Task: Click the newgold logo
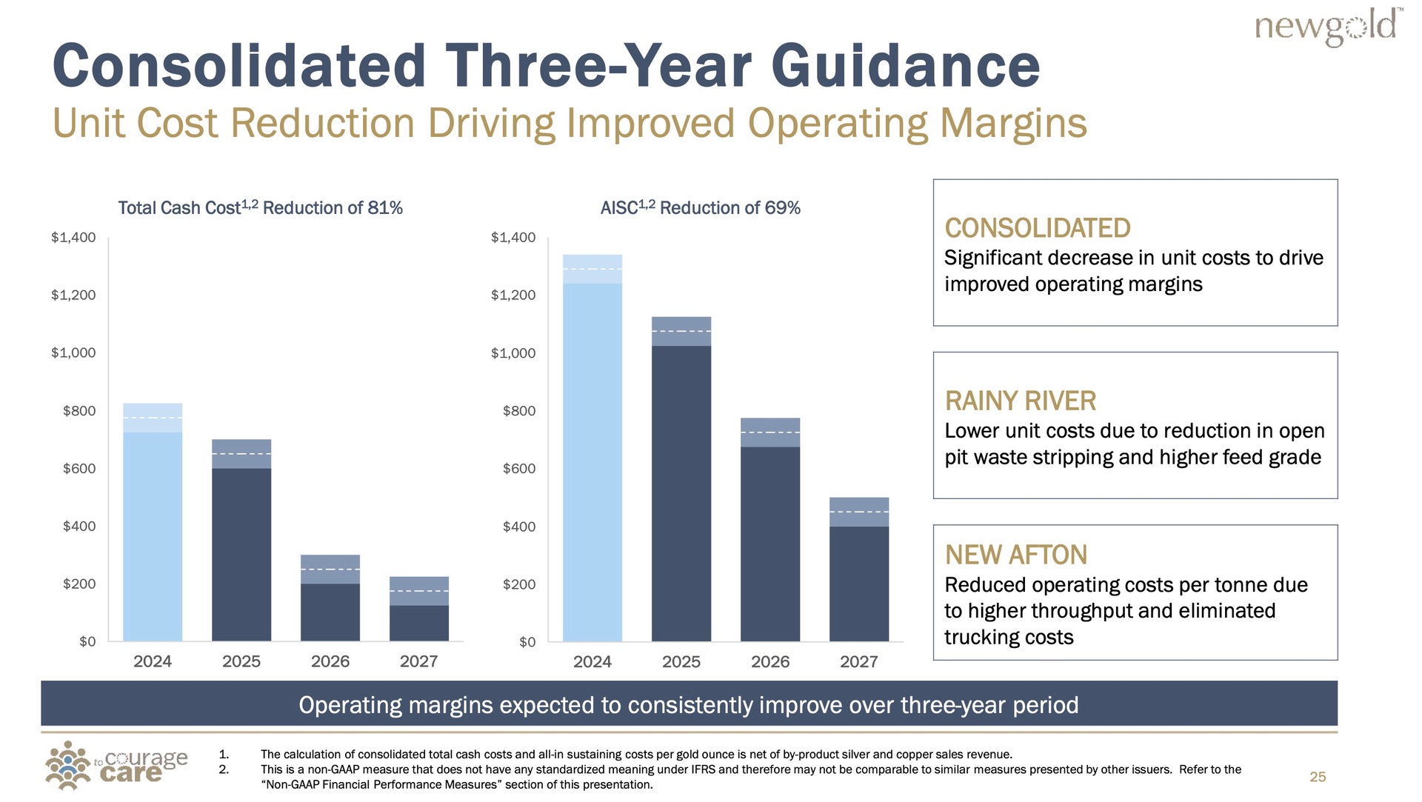tap(1328, 27)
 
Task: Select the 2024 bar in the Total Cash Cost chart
tap(153, 522)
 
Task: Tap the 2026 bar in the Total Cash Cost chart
tap(330, 598)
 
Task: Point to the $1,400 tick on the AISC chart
tap(513, 238)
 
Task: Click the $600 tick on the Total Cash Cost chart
tap(79, 469)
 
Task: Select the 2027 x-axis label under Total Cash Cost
tap(419, 661)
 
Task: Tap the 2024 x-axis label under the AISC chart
tap(592, 662)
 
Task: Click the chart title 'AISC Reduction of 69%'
tap(701, 208)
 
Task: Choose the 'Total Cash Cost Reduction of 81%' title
tap(260, 208)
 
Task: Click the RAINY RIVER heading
tap(1020, 401)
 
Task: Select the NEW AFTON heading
tap(1016, 555)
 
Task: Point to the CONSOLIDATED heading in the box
tap(1038, 228)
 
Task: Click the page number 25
tap(1318, 777)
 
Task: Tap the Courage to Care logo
tap(116, 766)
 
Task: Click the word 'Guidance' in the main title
tap(905, 66)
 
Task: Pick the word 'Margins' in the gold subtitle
tap(1013, 123)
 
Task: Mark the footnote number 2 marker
tap(224, 769)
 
